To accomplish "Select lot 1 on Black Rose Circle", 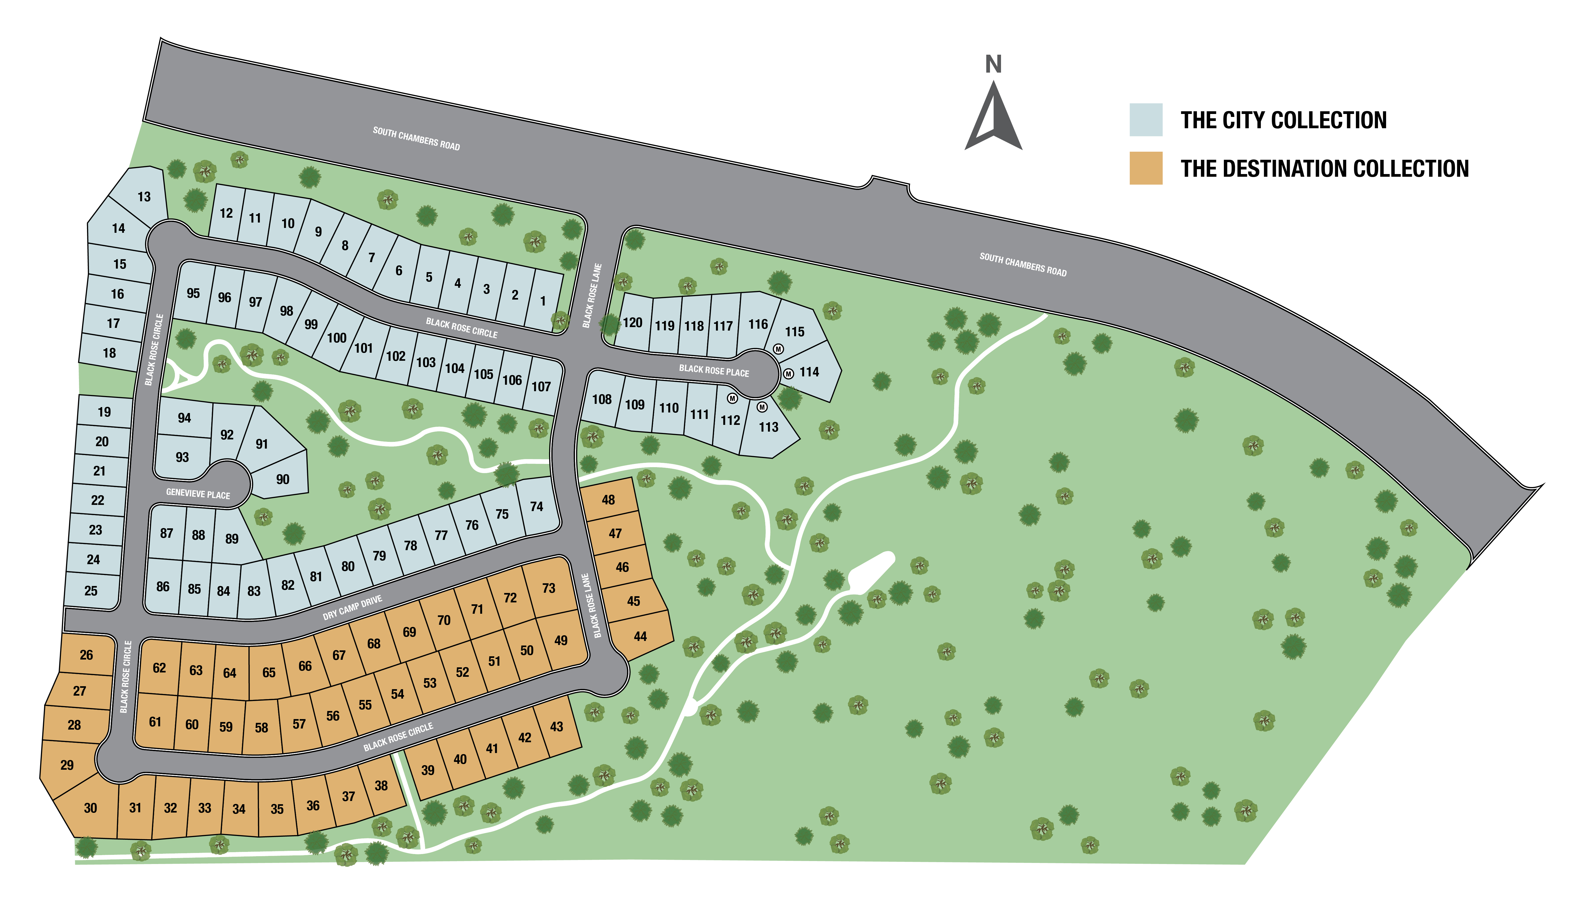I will [543, 301].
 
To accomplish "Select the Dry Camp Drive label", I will [352, 608].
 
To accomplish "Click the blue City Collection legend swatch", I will [1145, 120].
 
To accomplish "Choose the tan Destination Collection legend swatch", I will [1145, 168].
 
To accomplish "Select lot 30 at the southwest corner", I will [91, 808].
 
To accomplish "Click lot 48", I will [608, 499].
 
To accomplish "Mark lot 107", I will [541, 387].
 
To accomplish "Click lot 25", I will [91, 590].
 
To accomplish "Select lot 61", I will [155, 722].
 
